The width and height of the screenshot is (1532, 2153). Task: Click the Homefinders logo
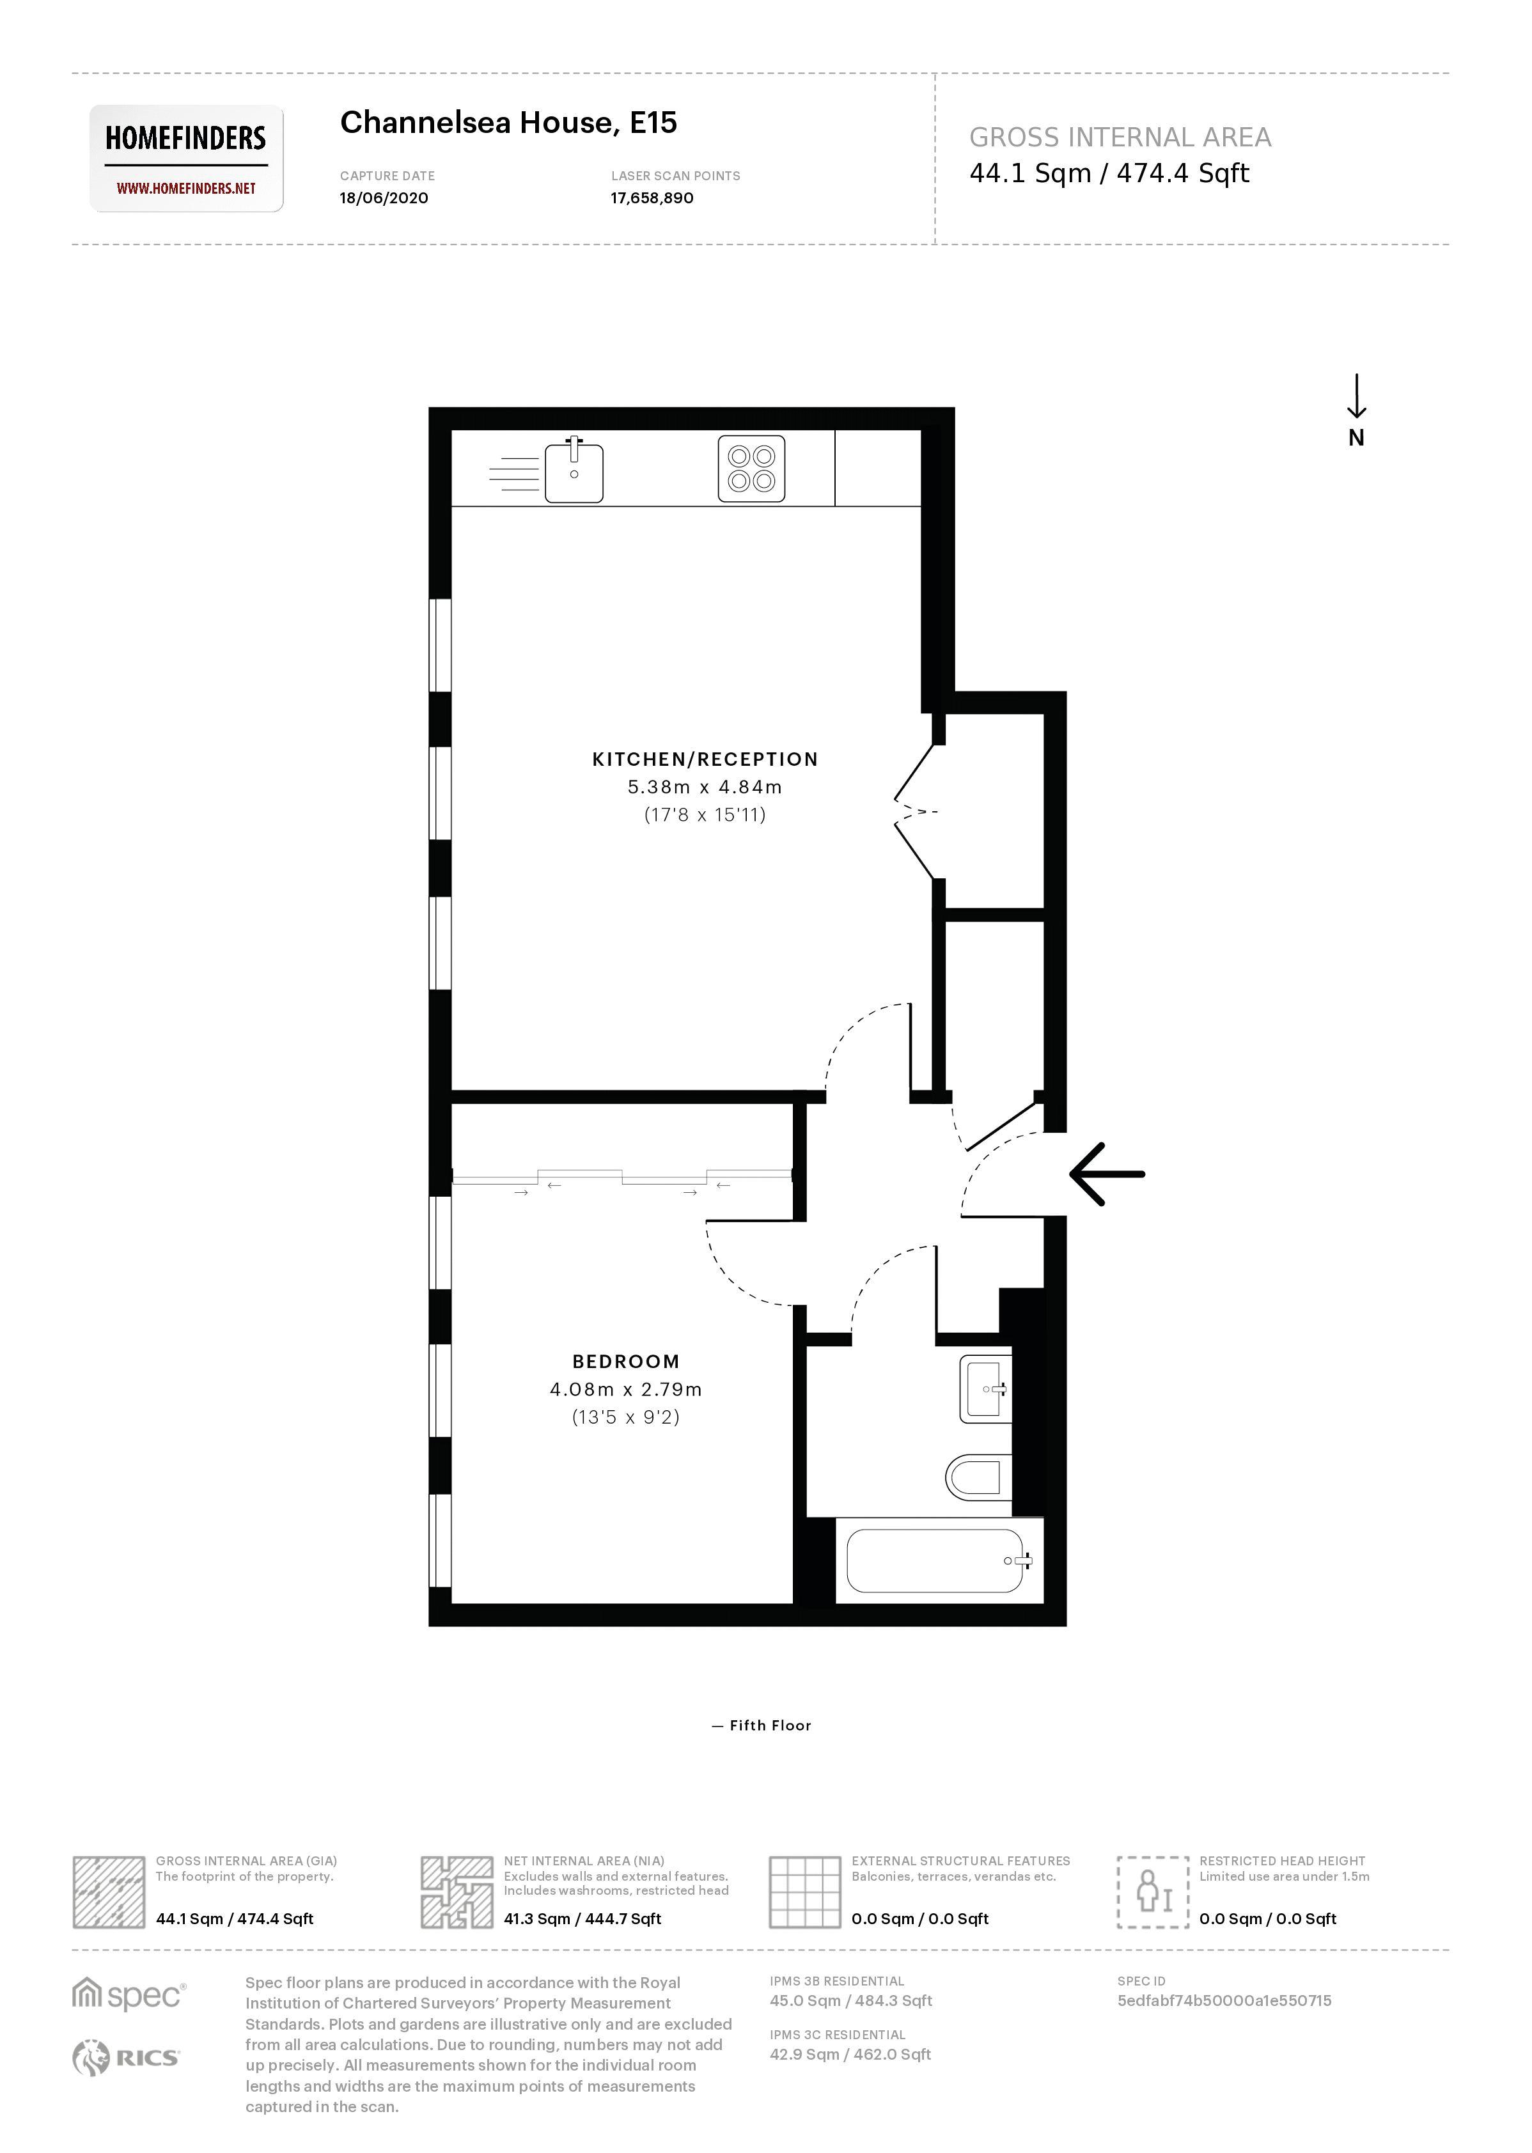tap(186, 157)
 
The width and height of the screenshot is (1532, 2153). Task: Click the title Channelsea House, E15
tap(508, 123)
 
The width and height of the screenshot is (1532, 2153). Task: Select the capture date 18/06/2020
tap(383, 198)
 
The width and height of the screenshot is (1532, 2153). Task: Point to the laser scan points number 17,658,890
tap(651, 198)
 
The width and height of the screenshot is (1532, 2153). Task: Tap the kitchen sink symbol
tap(574, 470)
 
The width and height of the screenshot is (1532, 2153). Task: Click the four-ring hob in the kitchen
tap(751, 468)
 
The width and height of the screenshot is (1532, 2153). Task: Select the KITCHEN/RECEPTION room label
tap(705, 759)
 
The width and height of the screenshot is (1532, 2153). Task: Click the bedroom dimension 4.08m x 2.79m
tap(625, 1389)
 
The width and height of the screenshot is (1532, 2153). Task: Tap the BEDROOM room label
tap(625, 1361)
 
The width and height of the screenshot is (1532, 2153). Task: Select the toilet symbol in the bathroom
tap(977, 1477)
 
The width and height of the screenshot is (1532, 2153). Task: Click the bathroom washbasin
tap(984, 1388)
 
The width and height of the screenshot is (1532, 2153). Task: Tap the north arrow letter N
tap(1356, 438)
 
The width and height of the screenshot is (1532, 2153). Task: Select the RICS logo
tap(127, 2057)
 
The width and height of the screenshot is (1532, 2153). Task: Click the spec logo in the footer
tap(129, 1994)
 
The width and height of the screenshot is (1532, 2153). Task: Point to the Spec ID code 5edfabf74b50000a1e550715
tap(1224, 2000)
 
